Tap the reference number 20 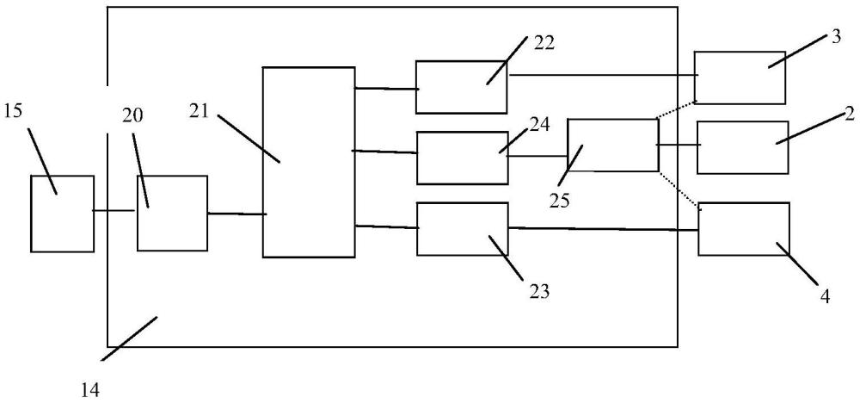[131, 116]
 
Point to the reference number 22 [545, 43]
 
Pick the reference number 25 [561, 201]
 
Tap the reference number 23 [539, 291]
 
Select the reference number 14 [90, 390]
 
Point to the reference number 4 [825, 296]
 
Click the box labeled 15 [62, 214]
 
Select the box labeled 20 [172, 213]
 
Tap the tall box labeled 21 [309, 162]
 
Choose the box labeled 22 [461, 87]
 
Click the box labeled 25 [613, 145]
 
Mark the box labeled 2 [743, 148]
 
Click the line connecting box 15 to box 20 [114, 210]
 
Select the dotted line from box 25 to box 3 [676, 110]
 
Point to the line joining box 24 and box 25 [537, 156]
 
